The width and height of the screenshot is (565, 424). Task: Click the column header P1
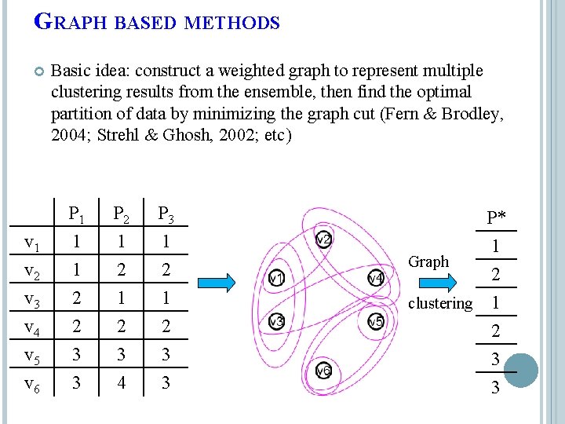coord(76,214)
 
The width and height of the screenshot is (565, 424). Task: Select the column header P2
coord(121,214)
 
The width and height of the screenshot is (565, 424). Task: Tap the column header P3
coord(166,214)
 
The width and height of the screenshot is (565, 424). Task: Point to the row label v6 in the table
coord(32,384)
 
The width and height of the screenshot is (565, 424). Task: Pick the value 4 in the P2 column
coord(121,384)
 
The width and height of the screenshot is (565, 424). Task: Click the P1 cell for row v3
coord(76,299)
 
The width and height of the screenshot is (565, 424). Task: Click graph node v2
coord(323,239)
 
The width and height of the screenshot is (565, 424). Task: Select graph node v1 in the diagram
coord(277,278)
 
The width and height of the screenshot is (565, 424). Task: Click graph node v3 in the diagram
coord(276,321)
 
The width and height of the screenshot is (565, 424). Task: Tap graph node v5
coord(375,321)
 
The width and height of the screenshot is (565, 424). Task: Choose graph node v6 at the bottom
coord(323,371)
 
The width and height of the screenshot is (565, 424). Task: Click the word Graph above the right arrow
coord(429,261)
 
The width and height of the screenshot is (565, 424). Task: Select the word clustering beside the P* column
coord(440,303)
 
